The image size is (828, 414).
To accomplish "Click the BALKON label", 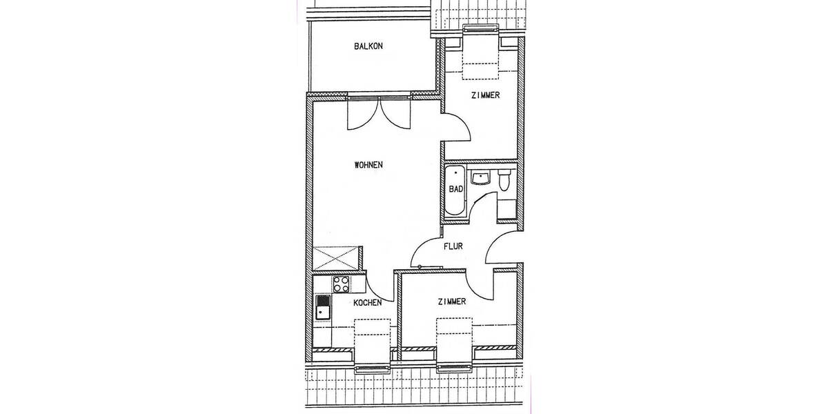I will [x=368, y=47].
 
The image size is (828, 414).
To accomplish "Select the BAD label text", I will [x=455, y=188].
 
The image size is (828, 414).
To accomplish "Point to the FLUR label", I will [x=453, y=245].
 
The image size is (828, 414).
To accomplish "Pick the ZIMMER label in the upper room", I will [x=485, y=95].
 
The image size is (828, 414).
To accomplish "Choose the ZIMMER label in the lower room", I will [x=452, y=302].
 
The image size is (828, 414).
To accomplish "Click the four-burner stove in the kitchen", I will [x=341, y=284].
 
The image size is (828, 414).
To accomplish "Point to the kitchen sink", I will [x=323, y=307].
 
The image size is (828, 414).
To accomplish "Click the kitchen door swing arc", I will [x=380, y=287].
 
